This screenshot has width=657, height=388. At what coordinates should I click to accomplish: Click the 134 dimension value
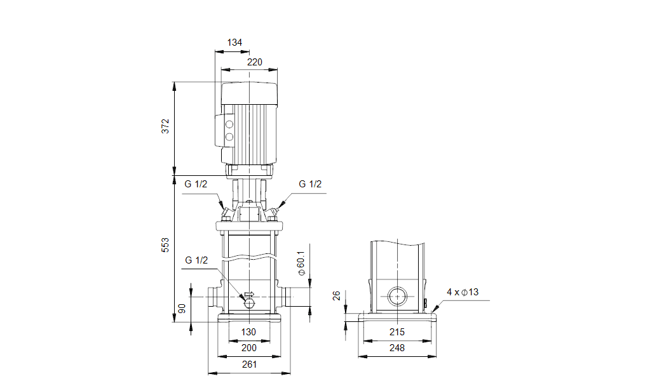click(x=234, y=43)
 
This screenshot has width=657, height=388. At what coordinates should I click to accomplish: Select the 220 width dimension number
click(x=254, y=62)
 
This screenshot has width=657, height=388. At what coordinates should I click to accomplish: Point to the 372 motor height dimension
click(x=165, y=126)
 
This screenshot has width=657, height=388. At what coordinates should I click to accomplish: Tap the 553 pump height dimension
click(x=165, y=245)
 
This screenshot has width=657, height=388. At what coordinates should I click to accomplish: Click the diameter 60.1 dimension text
click(x=301, y=264)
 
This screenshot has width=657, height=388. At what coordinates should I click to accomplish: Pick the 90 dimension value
click(x=182, y=309)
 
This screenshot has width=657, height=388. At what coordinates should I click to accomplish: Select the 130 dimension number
click(x=248, y=332)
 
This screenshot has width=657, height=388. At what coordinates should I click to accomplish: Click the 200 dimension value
click(x=249, y=348)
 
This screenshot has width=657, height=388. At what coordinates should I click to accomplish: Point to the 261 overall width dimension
click(x=249, y=364)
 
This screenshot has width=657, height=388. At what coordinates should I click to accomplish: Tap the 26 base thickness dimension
click(x=337, y=296)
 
